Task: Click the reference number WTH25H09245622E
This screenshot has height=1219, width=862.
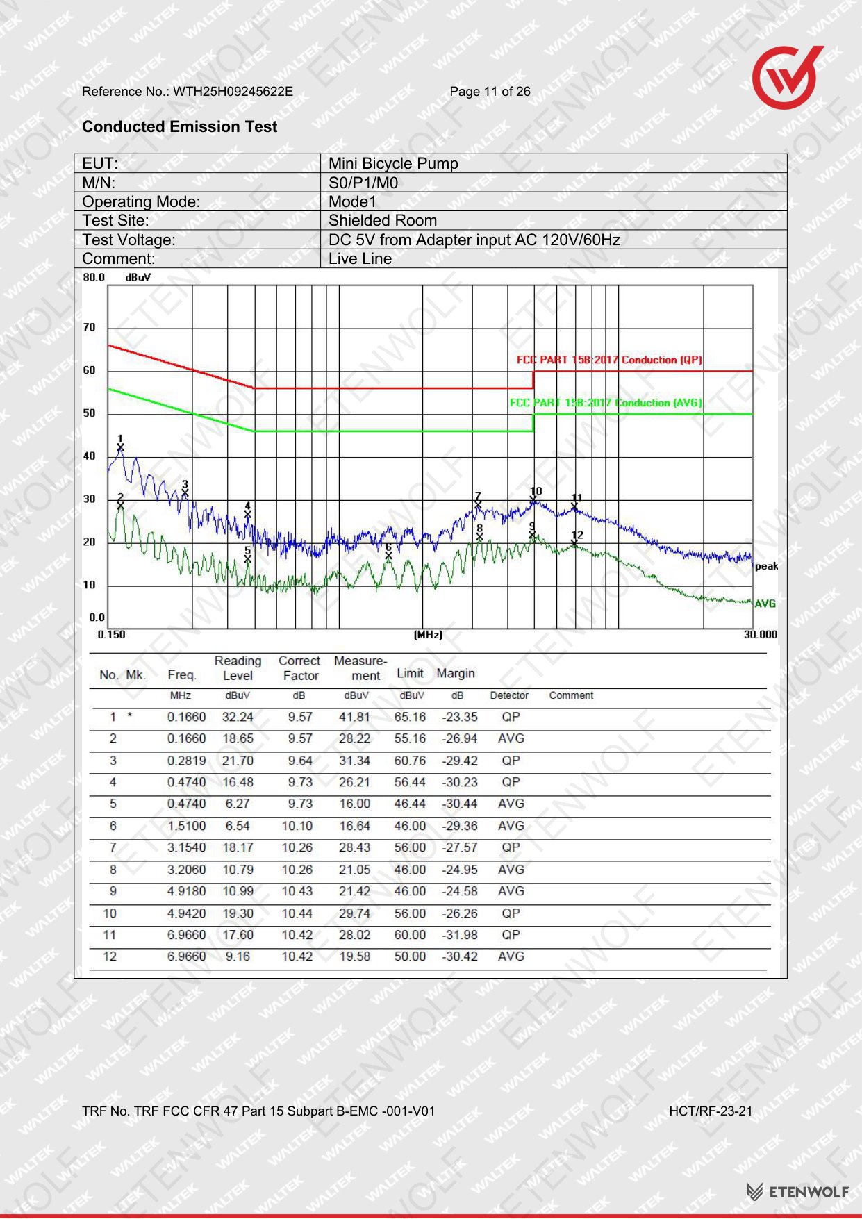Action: [x=233, y=92]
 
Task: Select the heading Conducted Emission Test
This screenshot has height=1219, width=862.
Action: [x=179, y=126]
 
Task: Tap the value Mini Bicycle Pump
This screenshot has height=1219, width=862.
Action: [x=393, y=163]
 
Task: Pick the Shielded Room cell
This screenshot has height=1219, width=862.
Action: [x=383, y=220]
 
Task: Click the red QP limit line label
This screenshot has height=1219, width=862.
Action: [x=609, y=360]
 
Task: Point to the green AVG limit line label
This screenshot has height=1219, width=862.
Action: [x=606, y=403]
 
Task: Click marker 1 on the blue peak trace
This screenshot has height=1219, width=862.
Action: [x=120, y=447]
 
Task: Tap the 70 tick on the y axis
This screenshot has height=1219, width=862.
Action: [x=90, y=327]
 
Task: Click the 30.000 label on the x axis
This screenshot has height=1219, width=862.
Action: [x=761, y=634]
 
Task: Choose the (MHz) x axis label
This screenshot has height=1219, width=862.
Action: [x=428, y=634]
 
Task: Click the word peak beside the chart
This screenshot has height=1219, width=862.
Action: [x=766, y=566]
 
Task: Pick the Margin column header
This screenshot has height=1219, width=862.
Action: [x=456, y=673]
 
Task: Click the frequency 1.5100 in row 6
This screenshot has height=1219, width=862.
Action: [x=186, y=826]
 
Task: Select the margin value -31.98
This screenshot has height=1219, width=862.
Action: [x=460, y=935]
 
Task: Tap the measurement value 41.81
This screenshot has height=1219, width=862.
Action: [x=355, y=717]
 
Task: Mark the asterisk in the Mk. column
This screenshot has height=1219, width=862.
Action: [x=129, y=715]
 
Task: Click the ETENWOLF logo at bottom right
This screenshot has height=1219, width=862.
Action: [x=797, y=1192]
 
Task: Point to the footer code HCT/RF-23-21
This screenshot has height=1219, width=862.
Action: [x=711, y=1111]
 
